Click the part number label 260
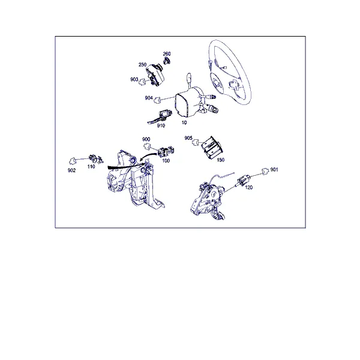click(167, 54)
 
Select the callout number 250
click(142, 65)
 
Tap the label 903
click(134, 79)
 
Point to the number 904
click(149, 98)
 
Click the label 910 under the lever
click(161, 125)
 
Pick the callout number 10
click(184, 122)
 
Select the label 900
click(146, 139)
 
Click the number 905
click(188, 138)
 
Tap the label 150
click(220, 160)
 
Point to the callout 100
click(166, 161)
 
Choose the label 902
click(71, 170)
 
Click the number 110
click(91, 166)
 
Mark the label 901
click(274, 169)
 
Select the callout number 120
click(249, 187)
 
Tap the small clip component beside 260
click(166, 61)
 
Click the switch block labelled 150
click(212, 148)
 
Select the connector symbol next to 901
click(265, 171)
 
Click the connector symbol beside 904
click(157, 100)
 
